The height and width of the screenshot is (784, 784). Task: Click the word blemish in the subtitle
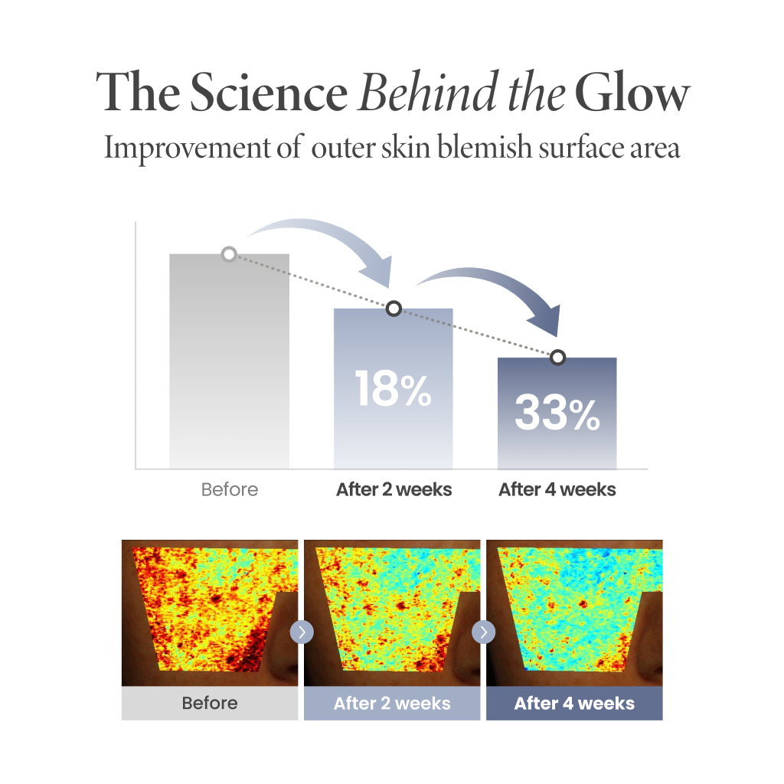click(469, 147)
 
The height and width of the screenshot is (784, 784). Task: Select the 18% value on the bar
click(393, 388)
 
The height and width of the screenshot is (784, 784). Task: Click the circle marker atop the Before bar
click(228, 253)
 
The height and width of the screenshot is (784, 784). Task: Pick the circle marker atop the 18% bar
click(394, 309)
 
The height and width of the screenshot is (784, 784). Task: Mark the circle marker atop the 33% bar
click(558, 357)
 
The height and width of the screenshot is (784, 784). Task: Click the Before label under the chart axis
click(229, 489)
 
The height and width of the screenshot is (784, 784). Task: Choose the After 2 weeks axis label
click(394, 489)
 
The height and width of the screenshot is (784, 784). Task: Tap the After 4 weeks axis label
click(557, 489)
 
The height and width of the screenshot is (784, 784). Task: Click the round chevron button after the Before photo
click(302, 632)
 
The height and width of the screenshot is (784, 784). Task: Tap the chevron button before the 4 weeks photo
click(484, 632)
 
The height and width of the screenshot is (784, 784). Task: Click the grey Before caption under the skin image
click(210, 703)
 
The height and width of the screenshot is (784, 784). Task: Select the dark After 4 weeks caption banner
click(574, 703)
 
